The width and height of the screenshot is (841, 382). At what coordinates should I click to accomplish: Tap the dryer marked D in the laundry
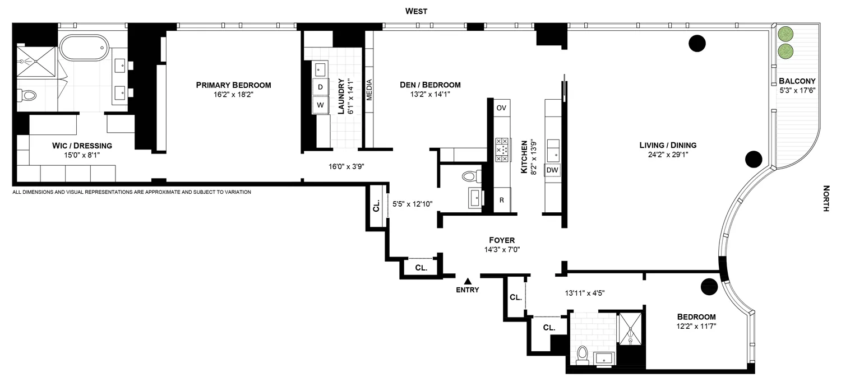pyautogui.click(x=320, y=87)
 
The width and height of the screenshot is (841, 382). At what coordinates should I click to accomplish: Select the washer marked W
pyautogui.click(x=320, y=105)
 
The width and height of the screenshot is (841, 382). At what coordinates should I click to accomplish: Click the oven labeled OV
pyautogui.click(x=501, y=108)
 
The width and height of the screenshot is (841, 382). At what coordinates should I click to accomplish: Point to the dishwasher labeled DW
pyautogui.click(x=552, y=170)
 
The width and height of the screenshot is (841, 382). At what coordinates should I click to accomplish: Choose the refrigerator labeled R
pyautogui.click(x=501, y=200)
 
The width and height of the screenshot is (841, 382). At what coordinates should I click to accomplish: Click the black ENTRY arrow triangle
pyautogui.click(x=468, y=280)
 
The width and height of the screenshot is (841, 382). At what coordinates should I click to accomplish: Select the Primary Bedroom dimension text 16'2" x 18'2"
pyautogui.click(x=233, y=95)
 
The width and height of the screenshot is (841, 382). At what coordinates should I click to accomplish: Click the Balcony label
pyautogui.click(x=792, y=80)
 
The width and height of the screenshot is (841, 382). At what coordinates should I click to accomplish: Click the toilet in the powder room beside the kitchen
pyautogui.click(x=469, y=177)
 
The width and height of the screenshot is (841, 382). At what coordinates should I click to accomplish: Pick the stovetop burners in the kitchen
pyautogui.click(x=501, y=150)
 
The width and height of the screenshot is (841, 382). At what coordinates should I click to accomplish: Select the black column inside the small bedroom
pyautogui.click(x=709, y=286)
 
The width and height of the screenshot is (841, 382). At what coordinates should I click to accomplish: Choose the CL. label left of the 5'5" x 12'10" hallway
pyautogui.click(x=376, y=208)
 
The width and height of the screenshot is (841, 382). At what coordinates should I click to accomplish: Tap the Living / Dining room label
pyautogui.click(x=668, y=145)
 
